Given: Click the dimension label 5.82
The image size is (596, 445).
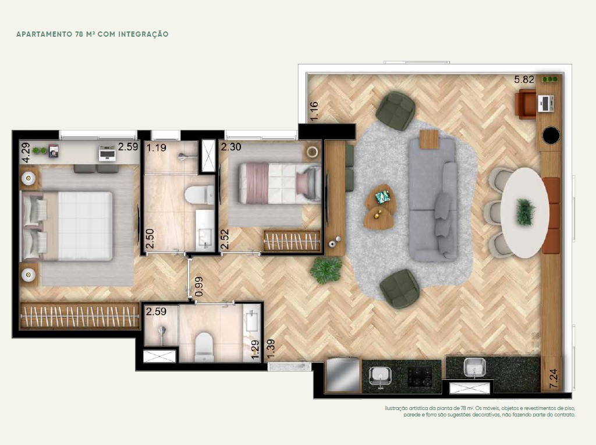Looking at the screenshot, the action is [524, 79].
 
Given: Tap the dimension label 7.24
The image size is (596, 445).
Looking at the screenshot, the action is [554, 379].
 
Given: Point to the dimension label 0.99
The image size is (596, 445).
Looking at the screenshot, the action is [199, 287].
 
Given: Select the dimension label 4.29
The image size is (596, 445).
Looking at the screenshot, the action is [26, 153].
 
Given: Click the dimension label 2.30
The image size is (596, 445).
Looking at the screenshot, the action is [231, 147].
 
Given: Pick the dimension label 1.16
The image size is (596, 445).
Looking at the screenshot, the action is [314, 111].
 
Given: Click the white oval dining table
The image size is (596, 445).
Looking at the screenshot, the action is [524, 213].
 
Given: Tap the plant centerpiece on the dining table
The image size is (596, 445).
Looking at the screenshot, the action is [526, 212].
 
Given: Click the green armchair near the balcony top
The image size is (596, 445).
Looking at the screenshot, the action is [395, 111].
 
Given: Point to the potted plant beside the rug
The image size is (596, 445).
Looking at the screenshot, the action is [326, 270].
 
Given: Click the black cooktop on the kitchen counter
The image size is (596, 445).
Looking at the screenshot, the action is [420, 376].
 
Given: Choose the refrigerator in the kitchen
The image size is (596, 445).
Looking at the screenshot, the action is [342, 375].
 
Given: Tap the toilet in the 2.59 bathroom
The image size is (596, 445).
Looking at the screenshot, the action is [204, 347].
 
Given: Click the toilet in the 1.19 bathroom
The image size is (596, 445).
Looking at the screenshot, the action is [199, 195].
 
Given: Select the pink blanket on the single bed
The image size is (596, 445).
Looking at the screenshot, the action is [254, 183].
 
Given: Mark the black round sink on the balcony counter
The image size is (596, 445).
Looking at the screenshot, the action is [551, 135].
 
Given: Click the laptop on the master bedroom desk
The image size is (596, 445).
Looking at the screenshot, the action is [107, 153].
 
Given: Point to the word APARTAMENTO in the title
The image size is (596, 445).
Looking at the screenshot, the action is [42, 34].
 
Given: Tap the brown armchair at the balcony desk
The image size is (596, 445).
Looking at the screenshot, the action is [525, 104].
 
